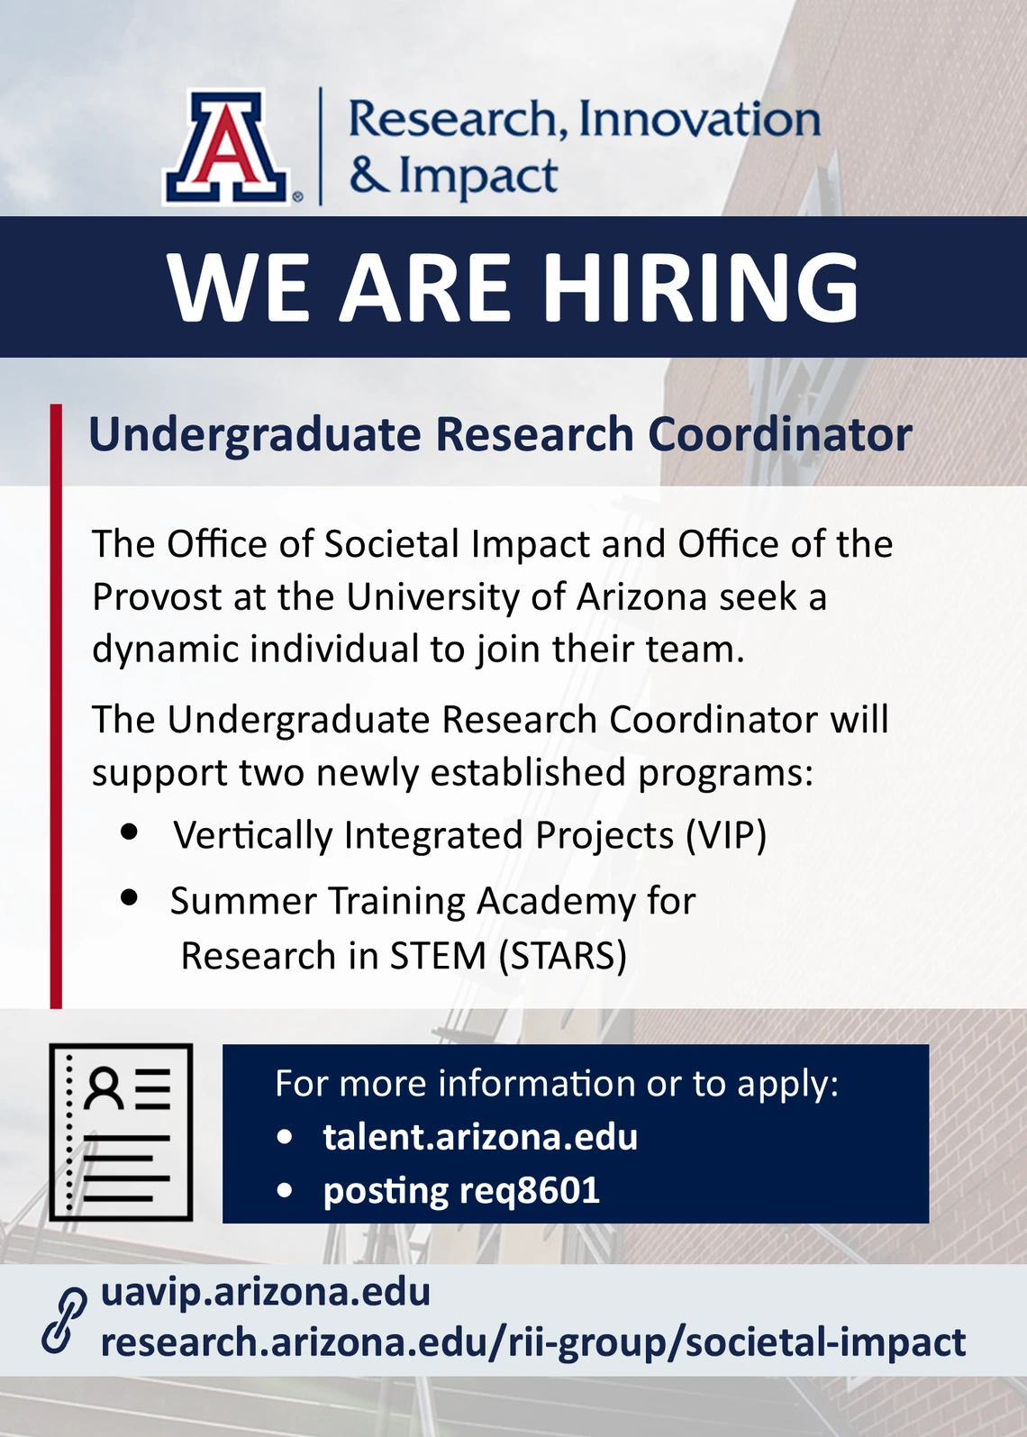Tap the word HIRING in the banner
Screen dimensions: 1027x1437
(x=703, y=286)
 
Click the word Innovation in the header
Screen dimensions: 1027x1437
(x=700, y=120)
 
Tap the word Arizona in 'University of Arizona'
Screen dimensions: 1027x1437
(x=641, y=597)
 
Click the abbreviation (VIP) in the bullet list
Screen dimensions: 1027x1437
(x=726, y=836)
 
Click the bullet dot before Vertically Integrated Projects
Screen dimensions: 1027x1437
(x=129, y=832)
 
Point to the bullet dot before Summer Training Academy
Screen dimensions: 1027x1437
(x=129, y=897)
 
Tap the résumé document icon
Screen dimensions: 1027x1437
(x=122, y=1132)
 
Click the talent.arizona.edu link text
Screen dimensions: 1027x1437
(x=480, y=1137)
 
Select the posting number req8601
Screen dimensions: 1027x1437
(x=529, y=1191)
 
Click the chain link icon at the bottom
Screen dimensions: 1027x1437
(x=64, y=1320)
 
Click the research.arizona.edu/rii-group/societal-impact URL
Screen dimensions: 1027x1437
(x=533, y=1343)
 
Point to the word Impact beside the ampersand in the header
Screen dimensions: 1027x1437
(x=477, y=177)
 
